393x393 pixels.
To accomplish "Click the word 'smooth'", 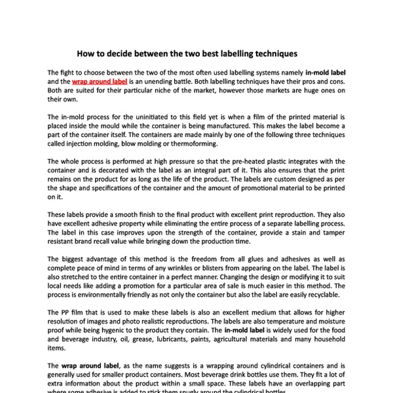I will click(122, 214).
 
